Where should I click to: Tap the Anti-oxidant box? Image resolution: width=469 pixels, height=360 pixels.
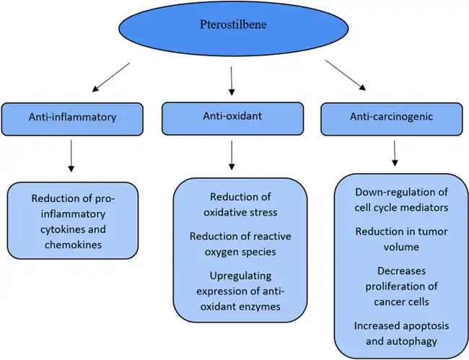[232, 117]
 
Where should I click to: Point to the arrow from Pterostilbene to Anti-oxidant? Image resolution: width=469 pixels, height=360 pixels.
[232, 81]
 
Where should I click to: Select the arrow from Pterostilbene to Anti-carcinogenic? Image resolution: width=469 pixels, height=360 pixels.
[346, 76]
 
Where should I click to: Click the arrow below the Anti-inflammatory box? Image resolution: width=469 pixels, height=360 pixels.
[70, 155]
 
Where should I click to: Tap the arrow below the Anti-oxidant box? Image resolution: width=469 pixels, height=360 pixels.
[232, 154]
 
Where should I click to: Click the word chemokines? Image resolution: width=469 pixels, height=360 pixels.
[71, 245]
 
